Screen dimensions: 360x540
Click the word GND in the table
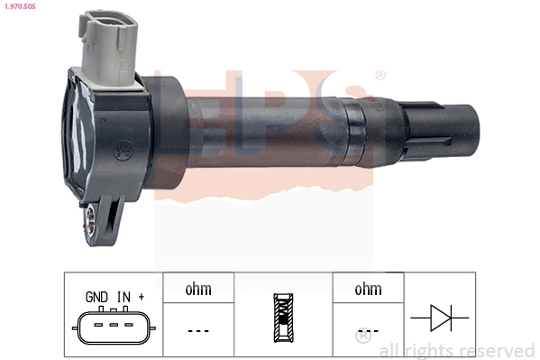97,296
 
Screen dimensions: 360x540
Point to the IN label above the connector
124,296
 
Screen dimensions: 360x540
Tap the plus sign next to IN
142,296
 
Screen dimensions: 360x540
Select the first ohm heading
198,290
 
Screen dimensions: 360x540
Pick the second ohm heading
369,290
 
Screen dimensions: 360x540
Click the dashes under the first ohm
198,330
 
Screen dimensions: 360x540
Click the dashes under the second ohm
369,330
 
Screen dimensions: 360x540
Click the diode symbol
439,318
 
